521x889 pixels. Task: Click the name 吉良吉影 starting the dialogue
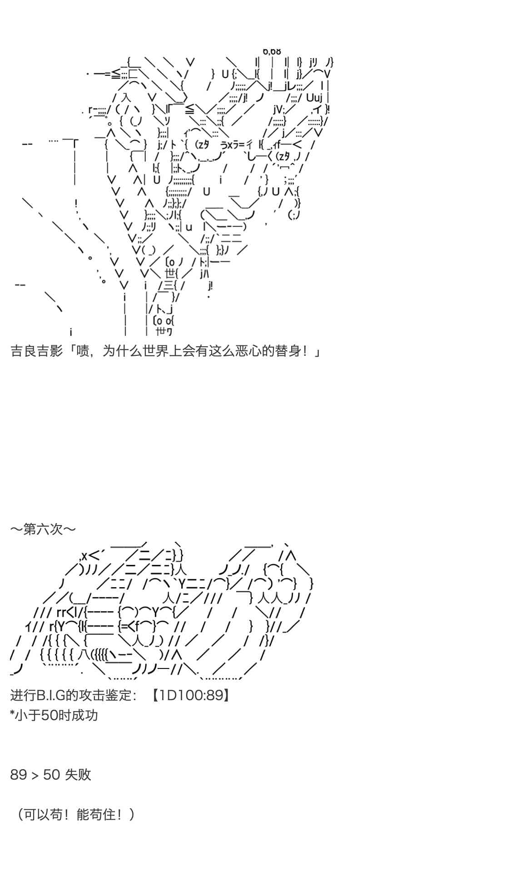point(36,351)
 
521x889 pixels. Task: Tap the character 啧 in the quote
point(83,351)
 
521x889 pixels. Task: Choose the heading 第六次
point(43,529)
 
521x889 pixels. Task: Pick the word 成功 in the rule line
point(85,715)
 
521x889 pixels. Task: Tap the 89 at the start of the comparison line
point(19,774)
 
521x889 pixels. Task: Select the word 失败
point(78,774)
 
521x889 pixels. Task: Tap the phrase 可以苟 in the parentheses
point(43,815)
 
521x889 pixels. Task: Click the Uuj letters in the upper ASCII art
point(314,97)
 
